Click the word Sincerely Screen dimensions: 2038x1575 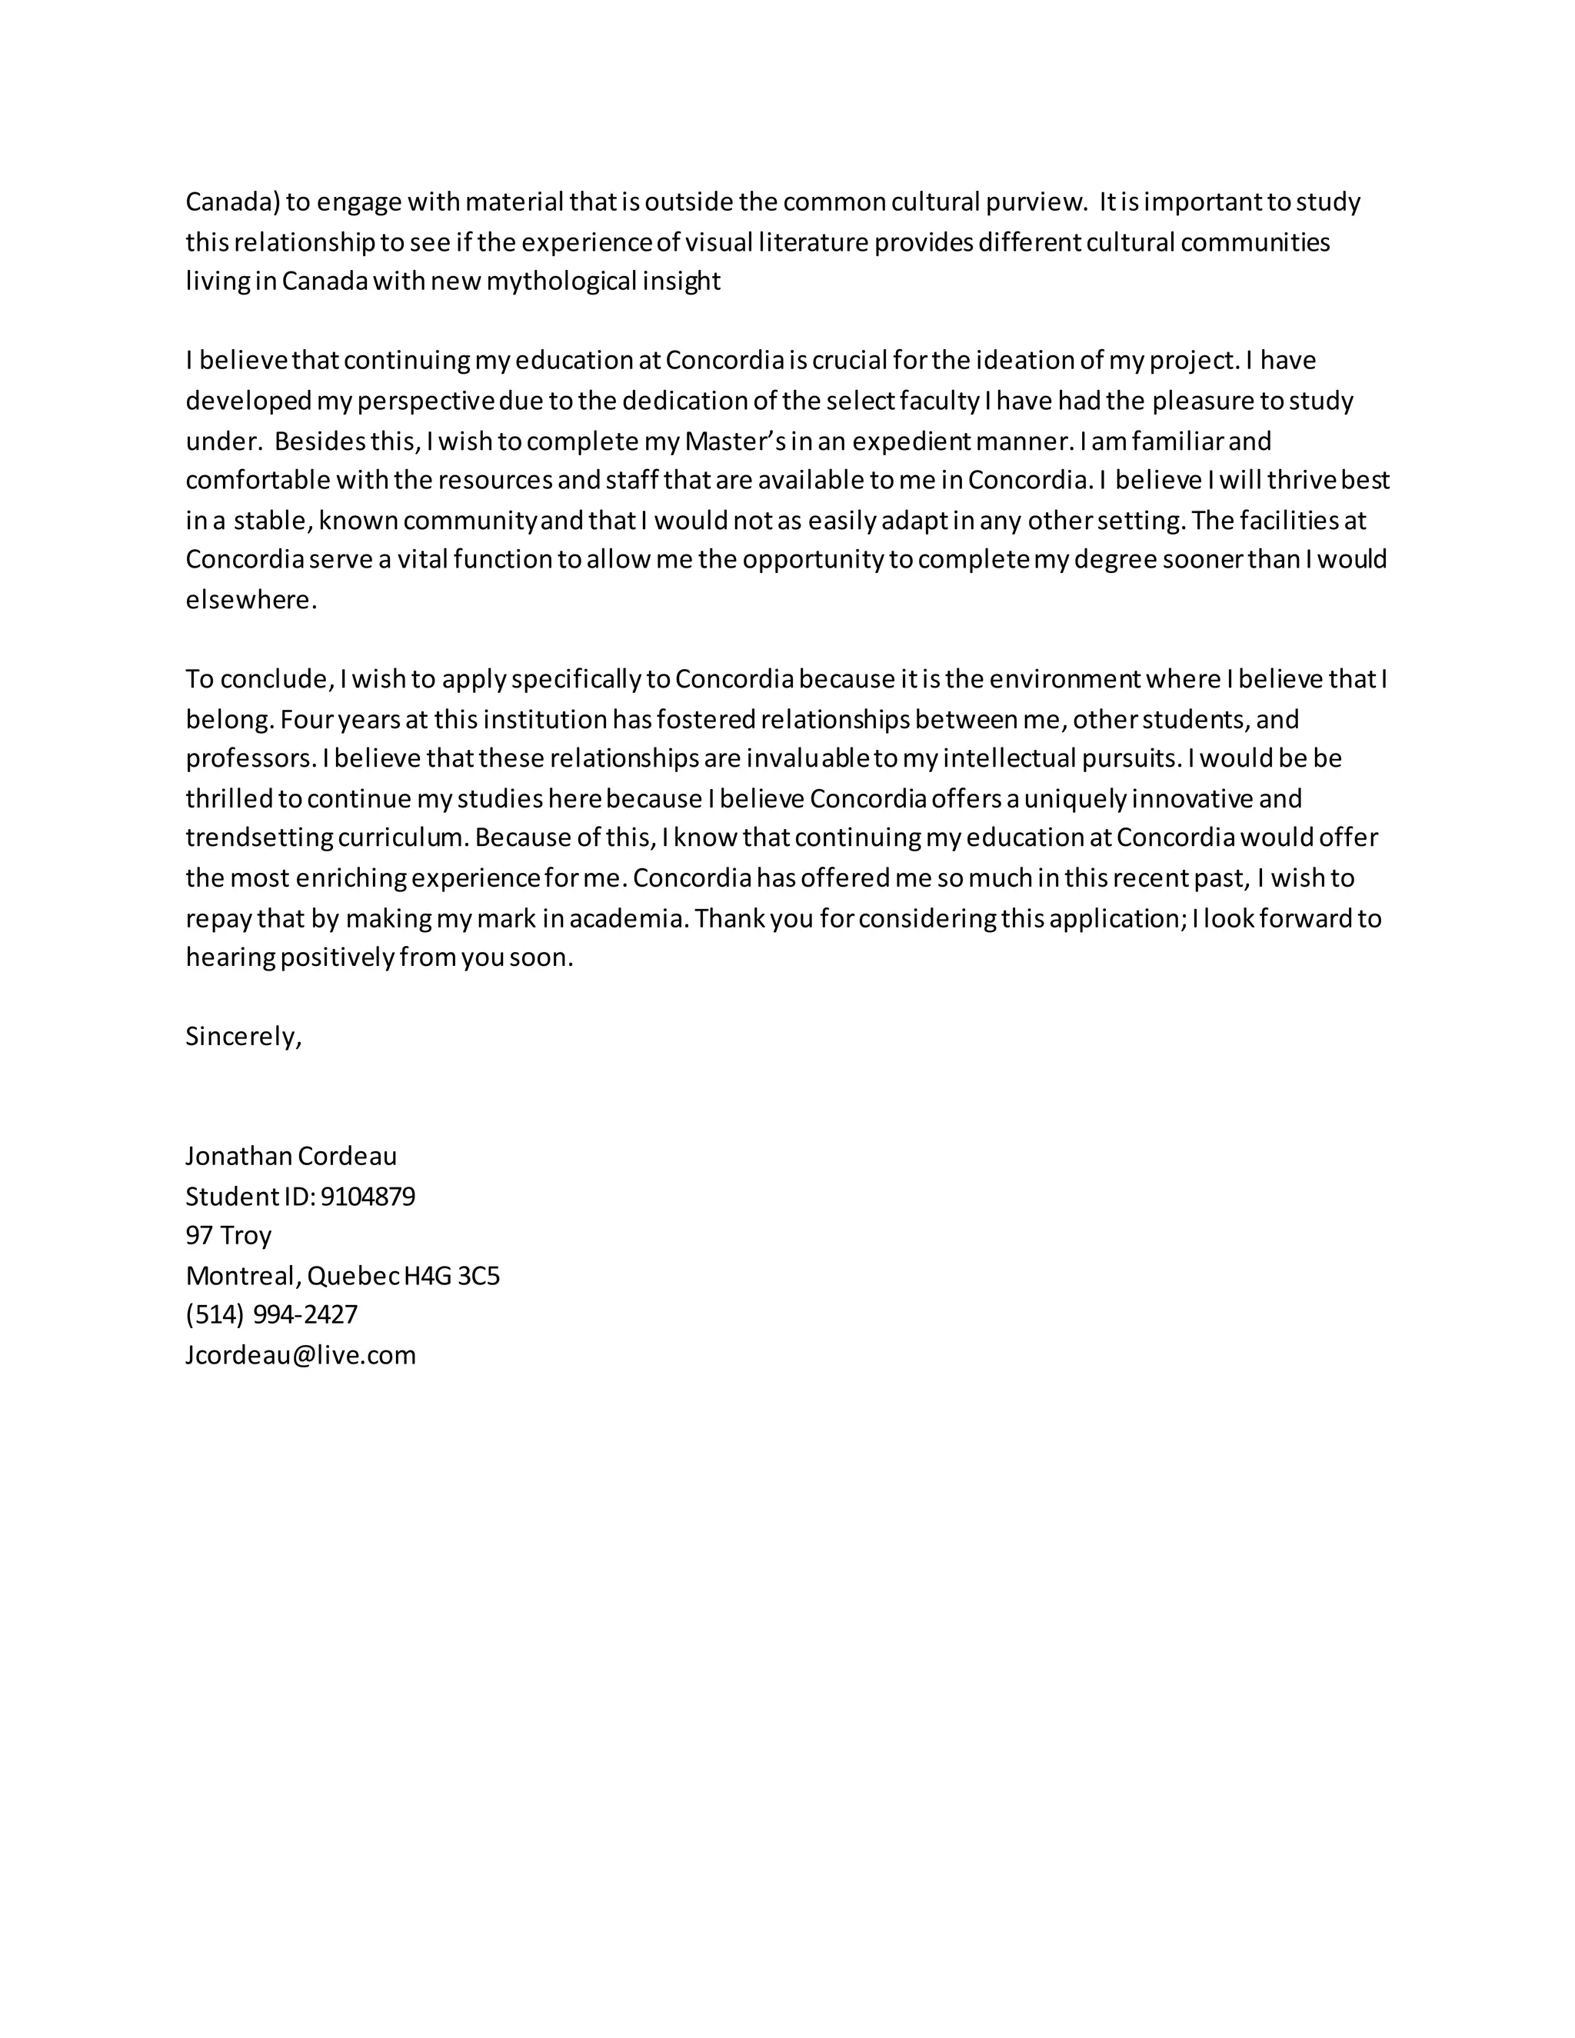242,1037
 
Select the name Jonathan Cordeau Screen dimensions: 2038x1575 291,1156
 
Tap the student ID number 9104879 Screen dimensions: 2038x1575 368,1197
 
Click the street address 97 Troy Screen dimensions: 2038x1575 228,1236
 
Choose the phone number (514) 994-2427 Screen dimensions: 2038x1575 271,1315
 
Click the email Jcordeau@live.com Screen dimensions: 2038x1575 301,1355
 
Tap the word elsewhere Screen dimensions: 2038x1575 251,600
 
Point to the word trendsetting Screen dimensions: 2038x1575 258,838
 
